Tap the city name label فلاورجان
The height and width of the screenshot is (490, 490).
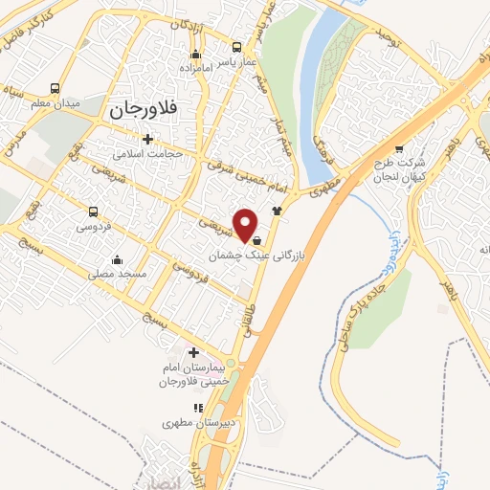pyautogui.click(x=145, y=109)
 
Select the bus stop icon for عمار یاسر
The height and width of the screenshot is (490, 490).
pyautogui.click(x=236, y=46)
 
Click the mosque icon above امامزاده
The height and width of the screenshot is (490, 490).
pyautogui.click(x=196, y=54)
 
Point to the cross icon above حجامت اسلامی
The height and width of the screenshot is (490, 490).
pyautogui.click(x=147, y=138)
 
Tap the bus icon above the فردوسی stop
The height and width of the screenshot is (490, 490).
pyautogui.click(x=93, y=212)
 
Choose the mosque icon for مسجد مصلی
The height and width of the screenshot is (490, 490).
pyautogui.click(x=118, y=258)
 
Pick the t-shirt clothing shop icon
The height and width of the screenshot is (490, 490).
pyautogui.click(x=278, y=210)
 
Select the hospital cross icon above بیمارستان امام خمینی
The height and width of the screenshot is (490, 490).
pyautogui.click(x=194, y=353)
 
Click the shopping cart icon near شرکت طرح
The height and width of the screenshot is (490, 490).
pyautogui.click(x=398, y=148)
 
